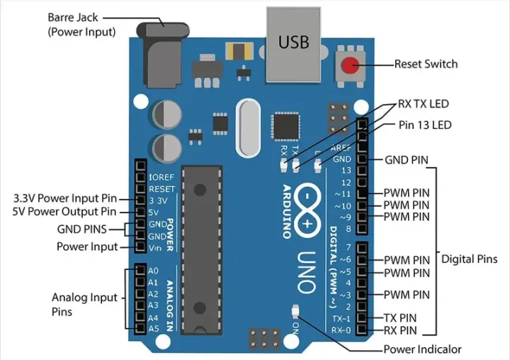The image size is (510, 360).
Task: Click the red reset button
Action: coord(349,66)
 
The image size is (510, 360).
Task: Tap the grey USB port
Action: coord(293,43)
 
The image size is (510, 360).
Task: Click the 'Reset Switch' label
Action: coord(426,64)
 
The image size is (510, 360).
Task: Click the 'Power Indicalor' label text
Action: coord(422,349)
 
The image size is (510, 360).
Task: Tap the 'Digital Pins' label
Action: coord(474,259)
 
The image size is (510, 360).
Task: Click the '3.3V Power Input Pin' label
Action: coord(64,198)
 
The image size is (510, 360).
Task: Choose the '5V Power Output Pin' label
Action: coord(64,211)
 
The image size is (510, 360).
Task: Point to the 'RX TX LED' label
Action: coord(423,103)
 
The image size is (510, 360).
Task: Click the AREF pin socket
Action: coord(362,147)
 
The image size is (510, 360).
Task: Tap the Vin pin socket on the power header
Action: coord(139,247)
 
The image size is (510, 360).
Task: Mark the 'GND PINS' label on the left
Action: coord(81,230)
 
